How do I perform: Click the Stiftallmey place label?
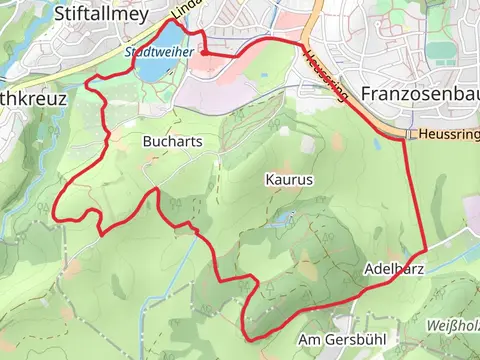pos(103,15)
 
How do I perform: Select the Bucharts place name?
pos(172,142)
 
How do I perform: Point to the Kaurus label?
pos(290,180)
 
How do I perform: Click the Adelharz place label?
pos(396,270)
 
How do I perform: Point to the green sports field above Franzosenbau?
pos(440,50)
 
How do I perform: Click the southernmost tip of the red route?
pos(249,338)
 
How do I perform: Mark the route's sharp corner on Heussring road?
pos(404,139)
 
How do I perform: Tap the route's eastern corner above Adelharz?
pos(426,250)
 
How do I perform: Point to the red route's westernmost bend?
pos(53,215)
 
